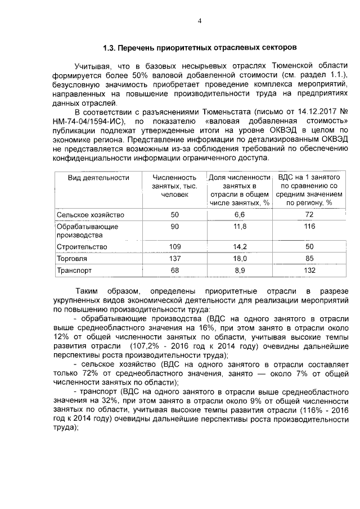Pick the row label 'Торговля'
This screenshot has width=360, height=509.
pos(71,258)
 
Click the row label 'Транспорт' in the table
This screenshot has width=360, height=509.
pos(74,271)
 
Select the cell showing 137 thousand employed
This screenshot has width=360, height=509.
pos(174,258)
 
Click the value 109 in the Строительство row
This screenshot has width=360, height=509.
pos(174,246)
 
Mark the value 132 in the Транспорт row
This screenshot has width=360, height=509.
pos(309,271)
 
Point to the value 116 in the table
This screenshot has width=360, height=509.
pos(309,226)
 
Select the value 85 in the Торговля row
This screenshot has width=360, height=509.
pos(309,258)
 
